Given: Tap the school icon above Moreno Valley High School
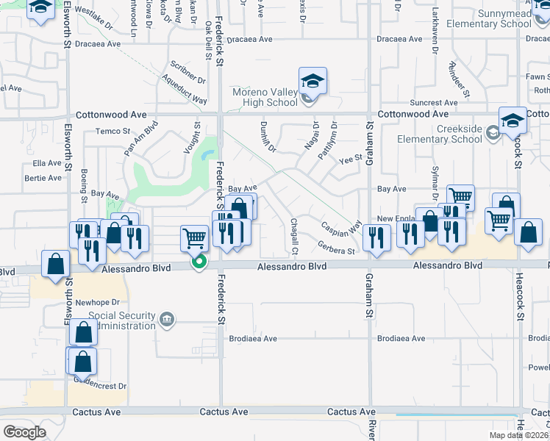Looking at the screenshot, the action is tap(312, 81).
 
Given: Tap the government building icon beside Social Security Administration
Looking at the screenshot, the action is tap(167, 319).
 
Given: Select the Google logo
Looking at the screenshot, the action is tap(24, 432).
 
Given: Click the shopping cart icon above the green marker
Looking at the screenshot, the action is tap(194, 237).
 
